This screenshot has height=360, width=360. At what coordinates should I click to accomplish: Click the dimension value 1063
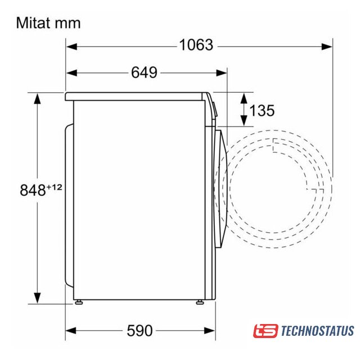pos(196,45)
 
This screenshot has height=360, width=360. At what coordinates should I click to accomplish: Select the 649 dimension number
pos(144,73)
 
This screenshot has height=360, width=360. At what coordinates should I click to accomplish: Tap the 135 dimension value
pos(262,110)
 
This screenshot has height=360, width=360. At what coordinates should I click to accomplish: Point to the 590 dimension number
pos(140,331)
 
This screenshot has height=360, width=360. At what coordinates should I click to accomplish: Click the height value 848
pos(33,190)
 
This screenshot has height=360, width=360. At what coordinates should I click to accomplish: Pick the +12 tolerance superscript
pos(55,187)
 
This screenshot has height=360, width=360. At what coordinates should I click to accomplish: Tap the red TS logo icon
pos(265,331)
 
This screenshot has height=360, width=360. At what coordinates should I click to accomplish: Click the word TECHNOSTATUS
pos(317,331)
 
